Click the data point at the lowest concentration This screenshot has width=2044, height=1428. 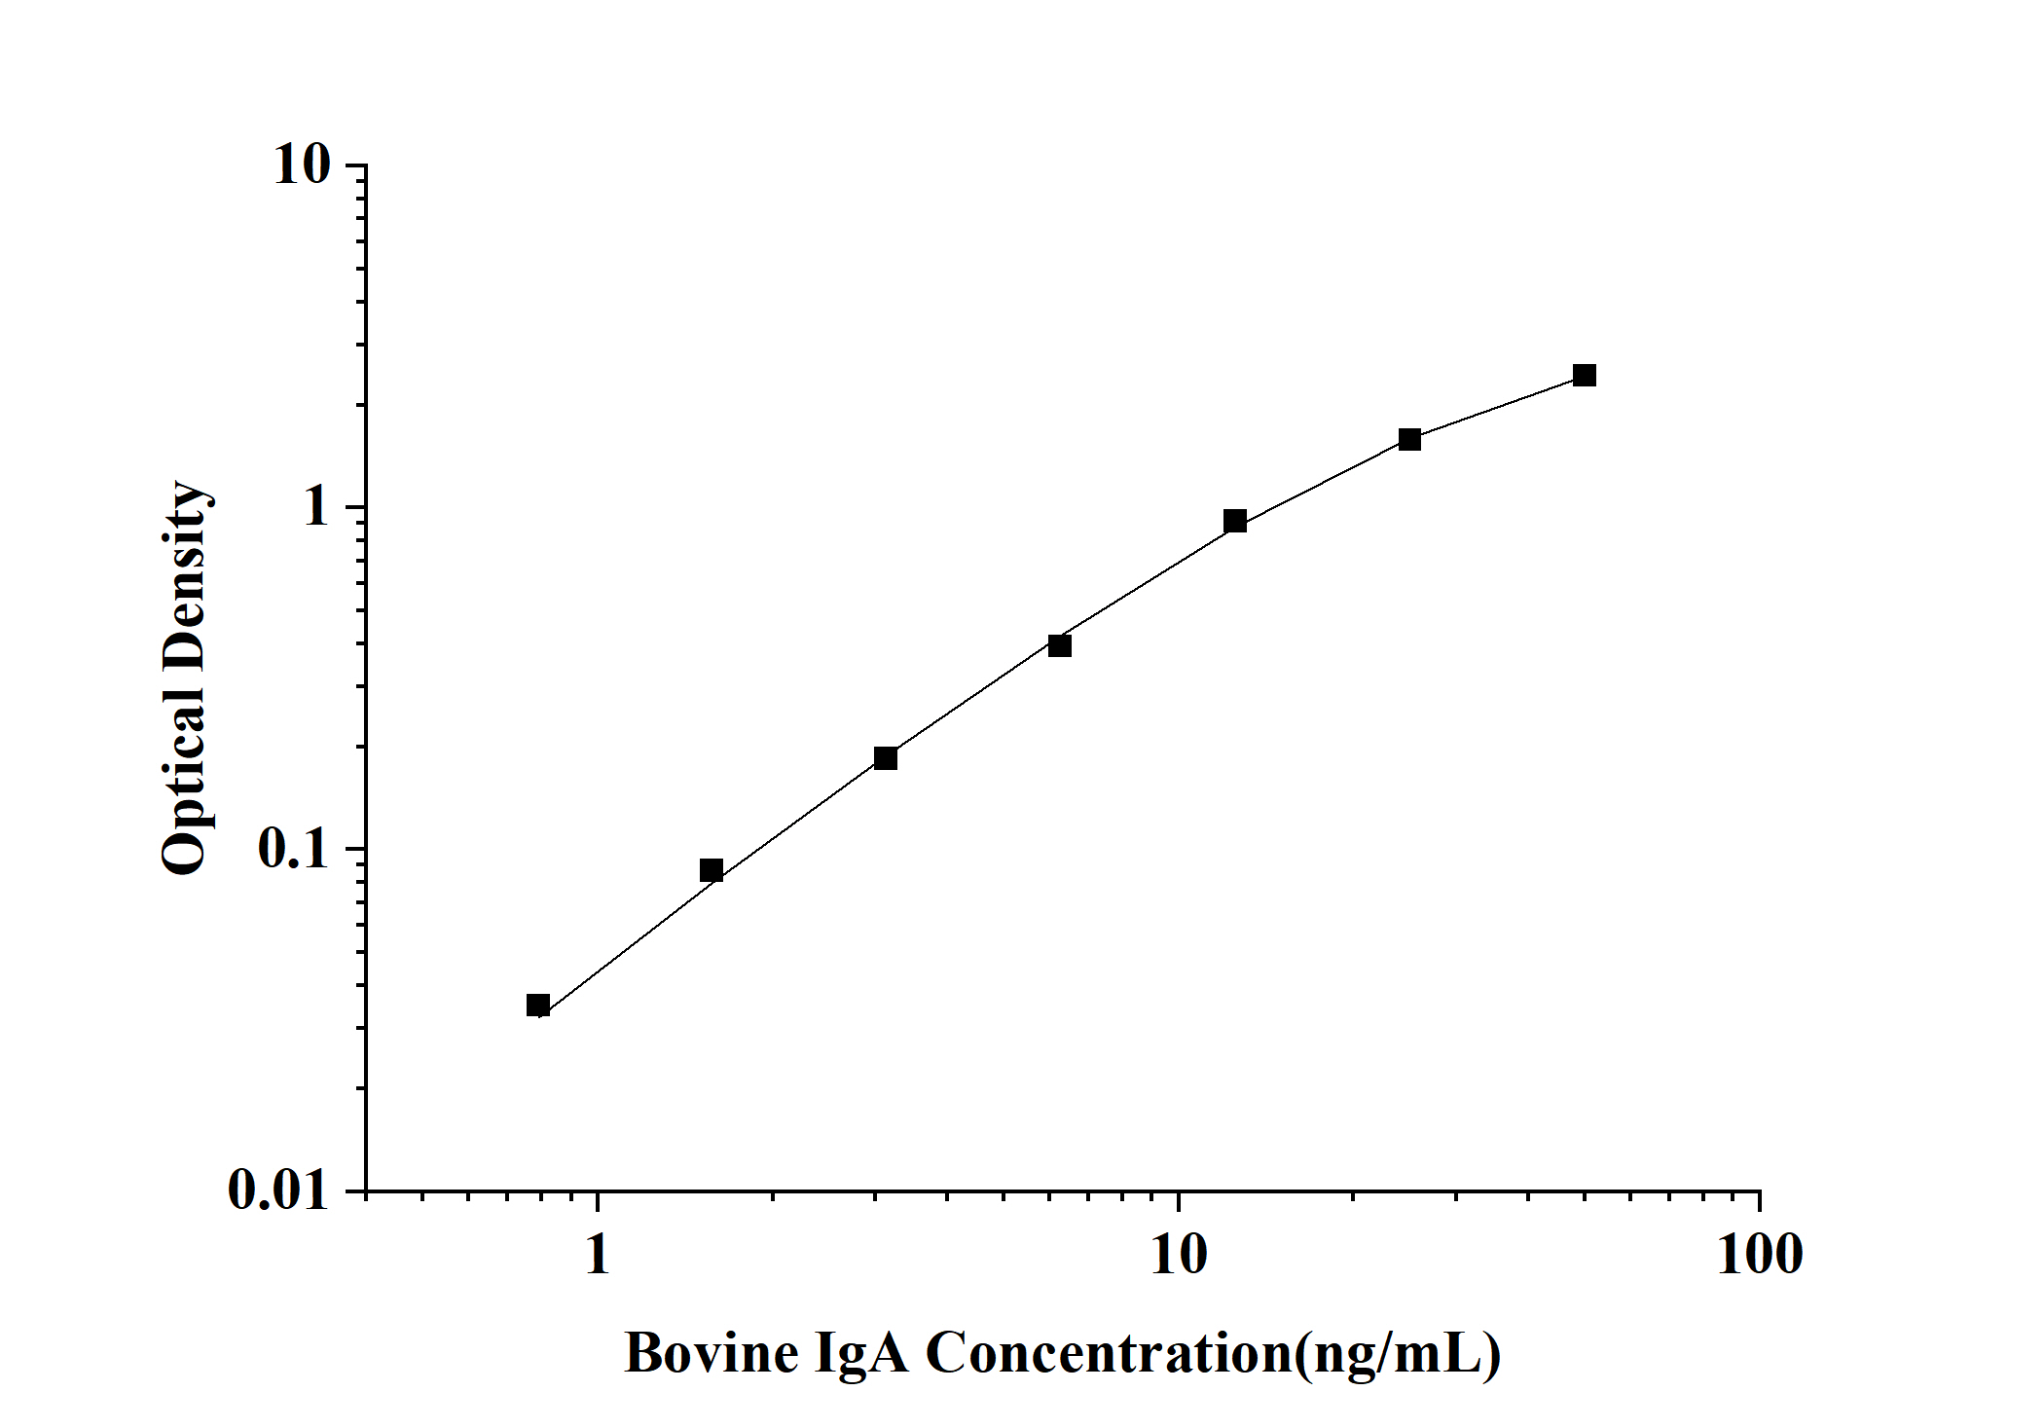538,1006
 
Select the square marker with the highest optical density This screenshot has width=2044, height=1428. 1585,375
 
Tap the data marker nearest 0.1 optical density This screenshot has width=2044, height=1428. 712,870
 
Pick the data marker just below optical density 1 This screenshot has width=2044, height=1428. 1235,521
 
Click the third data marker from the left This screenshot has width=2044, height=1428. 886,758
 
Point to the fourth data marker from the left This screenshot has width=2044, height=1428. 1060,645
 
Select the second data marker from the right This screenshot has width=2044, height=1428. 1409,439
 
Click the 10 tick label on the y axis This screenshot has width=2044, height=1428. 302,165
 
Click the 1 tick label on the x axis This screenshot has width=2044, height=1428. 597,1254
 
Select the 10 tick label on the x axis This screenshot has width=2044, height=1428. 1179,1254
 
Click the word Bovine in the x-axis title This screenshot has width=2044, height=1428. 712,1353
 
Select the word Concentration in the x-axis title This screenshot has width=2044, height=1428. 1108,1353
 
